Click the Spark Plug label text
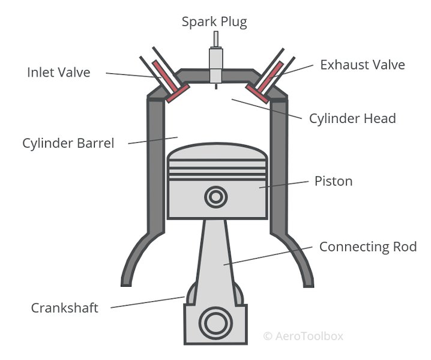point(214,22)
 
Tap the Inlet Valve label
point(58,73)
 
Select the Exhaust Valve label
point(362,65)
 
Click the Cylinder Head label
point(352,118)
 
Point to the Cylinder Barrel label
point(68,144)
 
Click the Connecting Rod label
point(367,247)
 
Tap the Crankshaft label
point(64,308)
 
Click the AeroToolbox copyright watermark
point(303,336)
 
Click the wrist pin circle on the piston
point(215,197)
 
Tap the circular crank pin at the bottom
point(215,324)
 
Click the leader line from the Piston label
point(285,185)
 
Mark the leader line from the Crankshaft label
point(147,302)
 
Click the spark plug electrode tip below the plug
point(215,88)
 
